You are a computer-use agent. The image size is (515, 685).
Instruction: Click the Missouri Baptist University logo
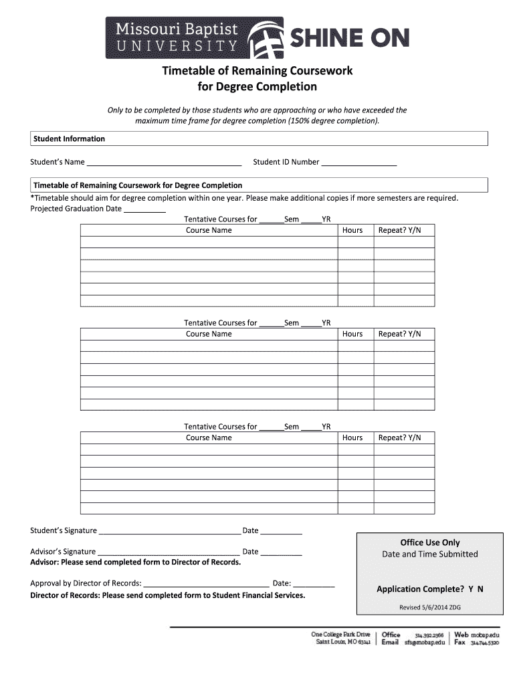(194, 37)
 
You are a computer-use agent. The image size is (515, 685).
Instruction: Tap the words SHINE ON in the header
(348, 39)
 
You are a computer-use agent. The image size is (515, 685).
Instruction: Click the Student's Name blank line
(164, 163)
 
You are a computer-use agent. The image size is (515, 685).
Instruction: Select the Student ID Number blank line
(359, 163)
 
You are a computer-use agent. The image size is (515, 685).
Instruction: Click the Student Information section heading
(70, 139)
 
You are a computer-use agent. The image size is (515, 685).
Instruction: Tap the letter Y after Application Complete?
(471, 589)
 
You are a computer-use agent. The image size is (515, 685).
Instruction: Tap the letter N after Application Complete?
(480, 589)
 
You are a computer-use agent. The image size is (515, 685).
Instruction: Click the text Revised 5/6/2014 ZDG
(430, 607)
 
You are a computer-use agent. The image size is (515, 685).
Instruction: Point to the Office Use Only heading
(430, 543)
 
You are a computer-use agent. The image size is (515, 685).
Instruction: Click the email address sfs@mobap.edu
(423, 642)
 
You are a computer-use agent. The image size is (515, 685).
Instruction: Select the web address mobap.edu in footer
(485, 634)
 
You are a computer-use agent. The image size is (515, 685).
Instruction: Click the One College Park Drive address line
(340, 634)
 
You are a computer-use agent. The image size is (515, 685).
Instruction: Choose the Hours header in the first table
(352, 230)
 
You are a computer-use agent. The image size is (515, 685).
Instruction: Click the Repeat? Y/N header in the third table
(400, 437)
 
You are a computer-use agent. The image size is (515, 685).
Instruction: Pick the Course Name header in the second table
(209, 334)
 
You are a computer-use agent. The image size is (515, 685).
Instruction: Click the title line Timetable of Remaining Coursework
(257, 71)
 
